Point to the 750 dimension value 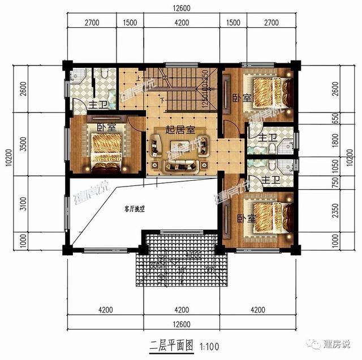coord(335,183)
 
